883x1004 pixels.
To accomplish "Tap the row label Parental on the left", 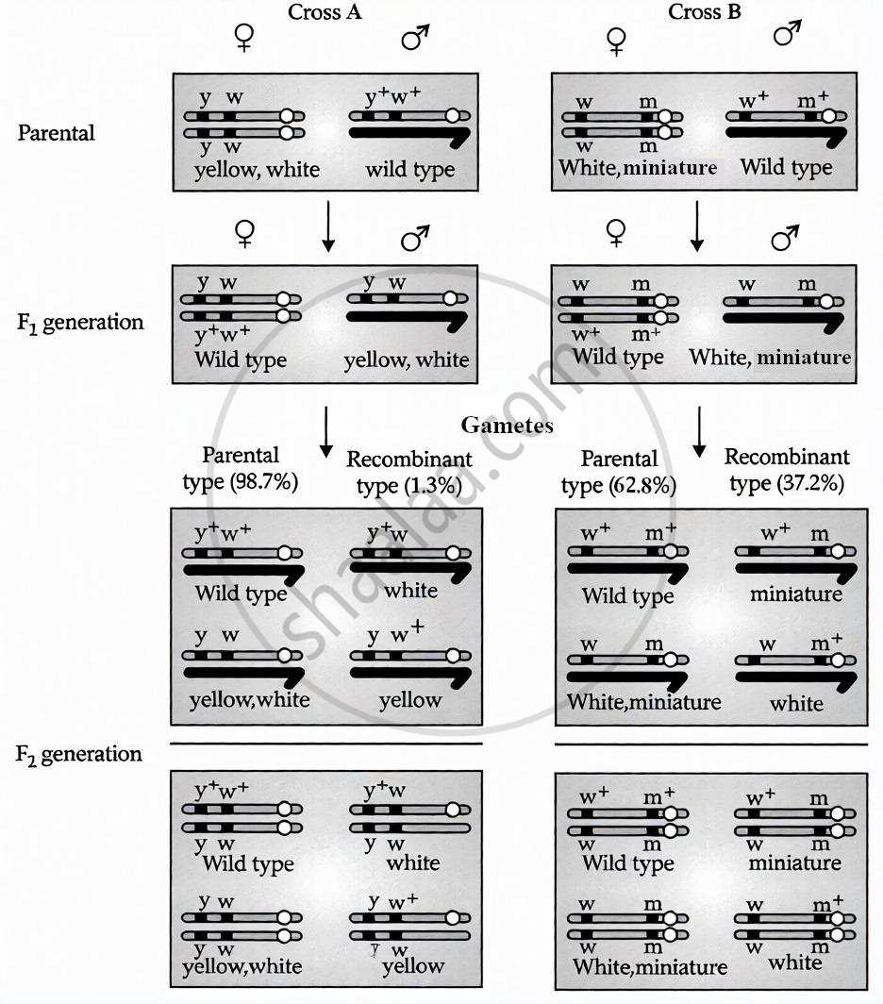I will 57,132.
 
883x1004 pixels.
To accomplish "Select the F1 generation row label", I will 79,322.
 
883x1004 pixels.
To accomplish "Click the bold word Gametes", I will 507,426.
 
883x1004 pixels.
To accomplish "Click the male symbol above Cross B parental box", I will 786,37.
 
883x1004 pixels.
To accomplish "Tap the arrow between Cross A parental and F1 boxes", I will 328,232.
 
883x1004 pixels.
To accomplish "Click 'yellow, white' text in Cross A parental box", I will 257,171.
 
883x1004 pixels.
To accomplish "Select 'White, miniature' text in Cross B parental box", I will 638,168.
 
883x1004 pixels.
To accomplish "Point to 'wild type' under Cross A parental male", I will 410,171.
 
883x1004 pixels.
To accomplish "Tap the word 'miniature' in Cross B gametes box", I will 796,594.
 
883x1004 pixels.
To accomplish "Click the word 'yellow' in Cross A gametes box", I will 410,699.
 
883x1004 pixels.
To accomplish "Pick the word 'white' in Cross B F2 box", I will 795,962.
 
